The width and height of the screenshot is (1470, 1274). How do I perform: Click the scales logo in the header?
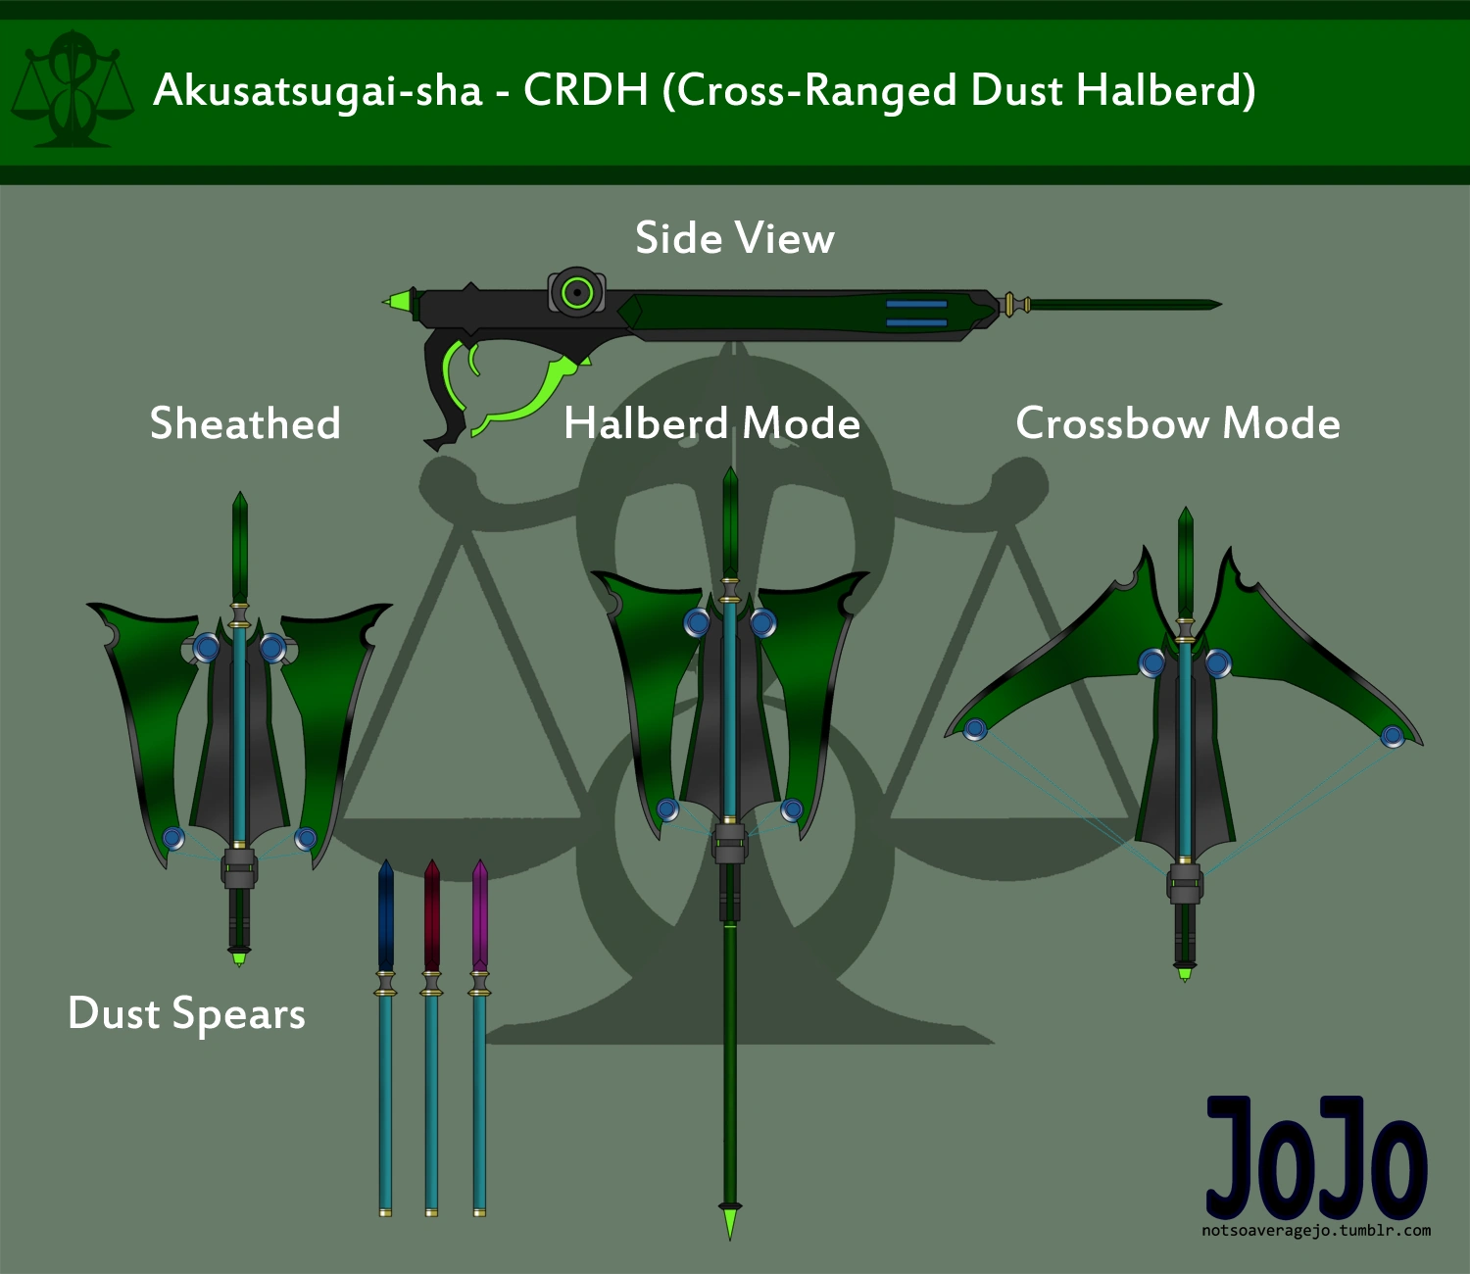pos(72,90)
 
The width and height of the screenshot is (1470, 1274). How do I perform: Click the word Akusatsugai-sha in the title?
pos(318,90)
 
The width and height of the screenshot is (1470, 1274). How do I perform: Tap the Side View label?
pos(734,238)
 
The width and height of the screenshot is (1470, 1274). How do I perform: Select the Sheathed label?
pos(245,423)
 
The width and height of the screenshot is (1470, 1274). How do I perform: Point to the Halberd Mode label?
pos(711,423)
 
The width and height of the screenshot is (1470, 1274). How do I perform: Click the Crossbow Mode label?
pos(1177,423)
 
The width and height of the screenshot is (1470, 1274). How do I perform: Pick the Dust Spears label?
pos(186,1013)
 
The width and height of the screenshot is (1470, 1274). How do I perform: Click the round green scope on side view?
pos(577,292)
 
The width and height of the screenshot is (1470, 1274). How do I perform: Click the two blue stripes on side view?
pos(916,313)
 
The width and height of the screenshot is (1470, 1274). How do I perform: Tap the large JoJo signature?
pos(1315,1158)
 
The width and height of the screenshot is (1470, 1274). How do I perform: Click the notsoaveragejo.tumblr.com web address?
pos(1315,1231)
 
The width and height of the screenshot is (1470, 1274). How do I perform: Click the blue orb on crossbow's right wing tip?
pos(1392,735)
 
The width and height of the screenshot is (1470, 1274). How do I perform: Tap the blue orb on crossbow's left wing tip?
pos(974,729)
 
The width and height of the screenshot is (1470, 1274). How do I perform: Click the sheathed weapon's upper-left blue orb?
pos(206,647)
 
